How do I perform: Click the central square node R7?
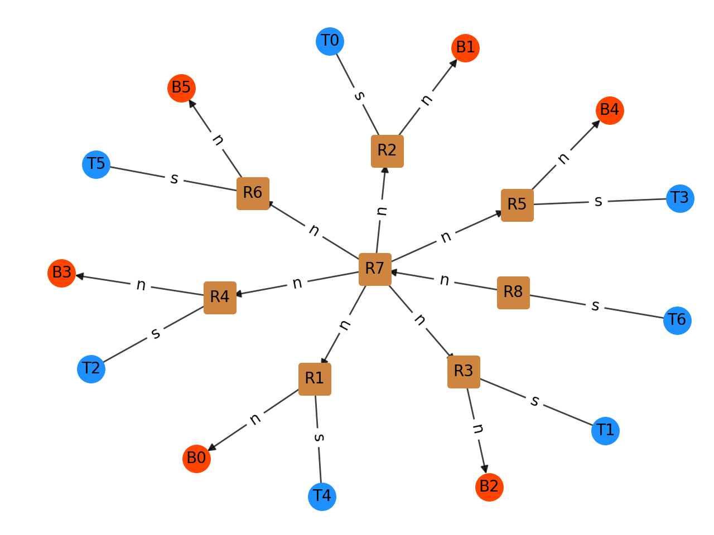click(x=375, y=269)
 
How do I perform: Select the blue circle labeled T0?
click(x=330, y=42)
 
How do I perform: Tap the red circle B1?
click(x=465, y=48)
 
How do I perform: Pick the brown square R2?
click(x=387, y=151)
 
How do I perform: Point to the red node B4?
click(x=610, y=110)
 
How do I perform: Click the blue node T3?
click(x=680, y=198)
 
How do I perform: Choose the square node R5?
click(x=517, y=205)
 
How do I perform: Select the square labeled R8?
click(x=513, y=293)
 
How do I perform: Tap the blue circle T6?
click(x=677, y=320)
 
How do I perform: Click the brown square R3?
click(x=464, y=372)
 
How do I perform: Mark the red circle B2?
click(x=489, y=487)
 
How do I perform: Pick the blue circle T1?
click(x=605, y=431)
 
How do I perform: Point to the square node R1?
click(x=315, y=379)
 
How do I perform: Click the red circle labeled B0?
click(x=196, y=459)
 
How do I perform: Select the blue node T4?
click(x=322, y=497)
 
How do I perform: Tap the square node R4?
click(x=220, y=298)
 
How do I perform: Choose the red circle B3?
click(x=61, y=273)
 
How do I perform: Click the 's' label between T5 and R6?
click(x=174, y=179)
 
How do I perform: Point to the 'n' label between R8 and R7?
click(x=444, y=280)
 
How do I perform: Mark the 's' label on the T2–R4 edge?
click(x=156, y=333)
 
